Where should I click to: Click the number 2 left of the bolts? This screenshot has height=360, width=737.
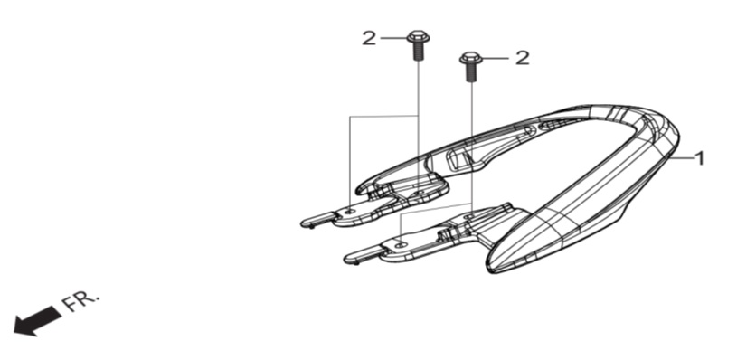[x=369, y=38]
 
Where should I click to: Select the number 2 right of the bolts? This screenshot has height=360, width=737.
[x=522, y=58]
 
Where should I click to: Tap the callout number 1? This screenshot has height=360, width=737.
[x=699, y=159]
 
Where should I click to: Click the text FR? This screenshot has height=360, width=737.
[x=80, y=302]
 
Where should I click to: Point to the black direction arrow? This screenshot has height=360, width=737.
[x=38, y=321]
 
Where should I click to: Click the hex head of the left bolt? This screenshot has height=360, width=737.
[x=418, y=36]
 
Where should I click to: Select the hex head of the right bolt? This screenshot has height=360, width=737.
[x=470, y=58]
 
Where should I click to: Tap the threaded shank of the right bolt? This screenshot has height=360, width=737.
[x=470, y=73]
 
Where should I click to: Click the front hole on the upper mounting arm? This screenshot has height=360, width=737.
[x=349, y=212]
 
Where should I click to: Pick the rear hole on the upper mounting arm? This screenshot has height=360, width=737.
[x=419, y=193]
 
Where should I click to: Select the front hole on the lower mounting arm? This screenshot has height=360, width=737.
[x=400, y=244]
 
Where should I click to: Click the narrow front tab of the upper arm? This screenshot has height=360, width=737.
[x=318, y=219]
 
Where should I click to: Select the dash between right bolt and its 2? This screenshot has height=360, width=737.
[x=496, y=58]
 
